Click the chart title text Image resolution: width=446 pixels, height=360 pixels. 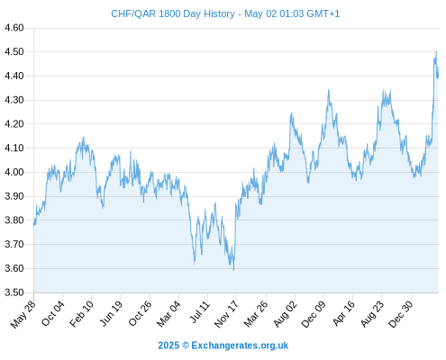pos(225,13)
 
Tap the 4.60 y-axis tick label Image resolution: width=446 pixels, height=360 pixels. pos(14,28)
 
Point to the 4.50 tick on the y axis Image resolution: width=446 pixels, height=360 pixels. pos(14,52)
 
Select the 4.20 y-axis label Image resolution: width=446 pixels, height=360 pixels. pos(14,124)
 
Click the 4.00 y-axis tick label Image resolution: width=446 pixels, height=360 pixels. pos(14,172)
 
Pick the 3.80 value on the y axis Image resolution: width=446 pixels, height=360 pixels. pos(14,220)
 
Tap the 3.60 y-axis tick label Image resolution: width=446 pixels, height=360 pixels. pos(14,268)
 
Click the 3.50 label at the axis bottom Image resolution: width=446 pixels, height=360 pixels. pos(14,292)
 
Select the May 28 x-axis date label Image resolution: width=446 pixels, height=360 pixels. pos(23,314)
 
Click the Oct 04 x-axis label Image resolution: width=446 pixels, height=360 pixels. pos(53,313)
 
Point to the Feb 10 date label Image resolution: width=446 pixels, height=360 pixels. pos(82,314)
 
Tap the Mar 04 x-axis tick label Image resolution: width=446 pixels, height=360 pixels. pos(168,314)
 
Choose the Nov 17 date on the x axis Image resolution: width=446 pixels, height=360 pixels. pos(226,314)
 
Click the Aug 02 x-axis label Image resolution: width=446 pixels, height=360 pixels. pos(286,314)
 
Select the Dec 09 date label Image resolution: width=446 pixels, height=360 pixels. pos(314,314)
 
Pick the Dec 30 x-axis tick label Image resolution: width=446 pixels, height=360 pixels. pos(401,314)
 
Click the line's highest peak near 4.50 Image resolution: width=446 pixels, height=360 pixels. pos(436,52)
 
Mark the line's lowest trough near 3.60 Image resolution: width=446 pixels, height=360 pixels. pos(233,270)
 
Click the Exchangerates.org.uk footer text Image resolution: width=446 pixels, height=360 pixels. pos(240,346)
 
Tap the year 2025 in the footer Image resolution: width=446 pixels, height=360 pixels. pos(168,346)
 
